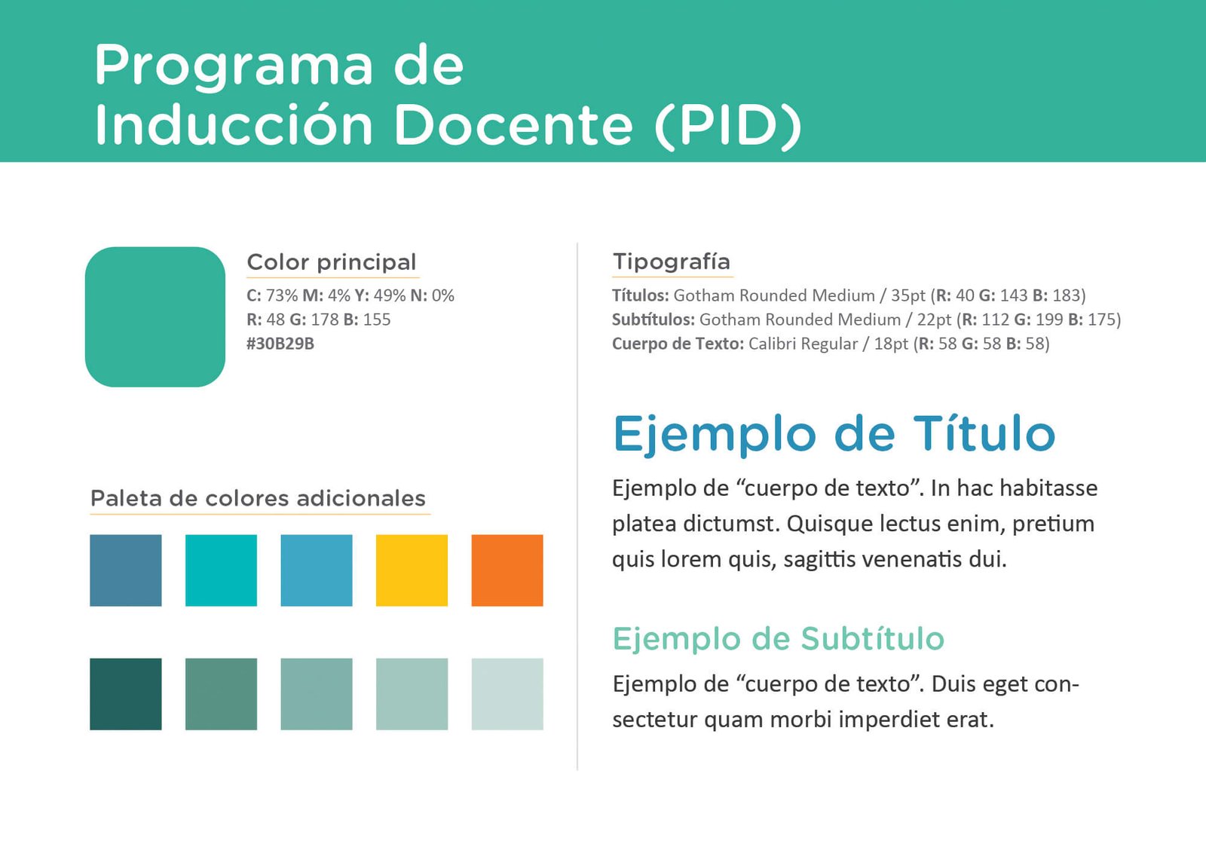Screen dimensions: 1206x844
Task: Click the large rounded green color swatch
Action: coord(155,317)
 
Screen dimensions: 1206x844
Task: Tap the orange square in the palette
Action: coord(507,570)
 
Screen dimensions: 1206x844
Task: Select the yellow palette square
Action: coord(412,570)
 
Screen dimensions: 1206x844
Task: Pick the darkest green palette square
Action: coord(125,694)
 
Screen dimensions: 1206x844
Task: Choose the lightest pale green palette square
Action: coord(507,694)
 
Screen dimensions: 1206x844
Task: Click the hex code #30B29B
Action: coord(280,344)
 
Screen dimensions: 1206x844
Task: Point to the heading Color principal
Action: coord(332,263)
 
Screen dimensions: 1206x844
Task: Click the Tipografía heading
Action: coord(672,262)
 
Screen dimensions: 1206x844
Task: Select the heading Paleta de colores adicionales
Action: coord(258,498)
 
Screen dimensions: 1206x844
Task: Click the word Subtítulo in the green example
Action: coord(872,639)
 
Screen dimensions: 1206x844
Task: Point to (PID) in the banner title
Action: coord(728,125)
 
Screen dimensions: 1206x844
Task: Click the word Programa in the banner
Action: coord(234,66)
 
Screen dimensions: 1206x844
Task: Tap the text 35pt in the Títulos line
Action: coord(908,296)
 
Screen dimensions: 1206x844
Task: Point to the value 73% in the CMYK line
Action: coord(282,296)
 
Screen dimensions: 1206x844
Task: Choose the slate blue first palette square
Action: coord(125,570)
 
